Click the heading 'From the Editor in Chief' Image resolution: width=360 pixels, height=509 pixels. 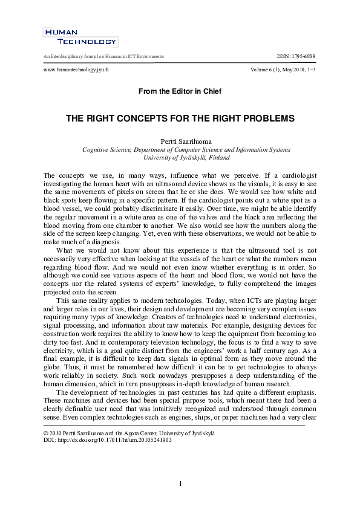tap(180, 91)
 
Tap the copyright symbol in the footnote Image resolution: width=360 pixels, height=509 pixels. tap(45, 433)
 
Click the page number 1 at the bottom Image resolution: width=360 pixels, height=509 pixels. tap(180, 484)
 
